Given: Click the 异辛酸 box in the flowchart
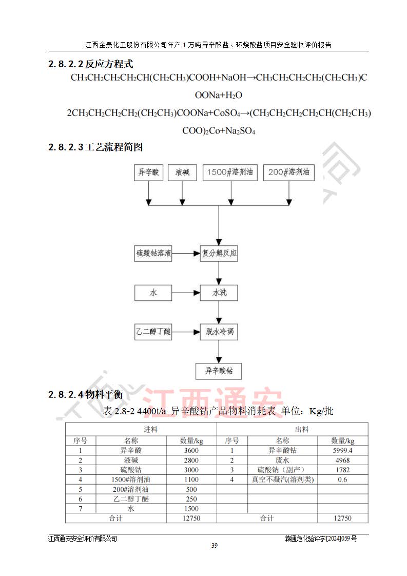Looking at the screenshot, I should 148,173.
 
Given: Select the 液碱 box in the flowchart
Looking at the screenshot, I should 182,173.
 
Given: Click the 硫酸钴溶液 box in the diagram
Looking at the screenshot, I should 153,253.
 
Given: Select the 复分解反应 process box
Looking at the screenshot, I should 219,253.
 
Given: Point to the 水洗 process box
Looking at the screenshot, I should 219,293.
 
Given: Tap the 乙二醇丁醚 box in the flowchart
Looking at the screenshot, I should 153,332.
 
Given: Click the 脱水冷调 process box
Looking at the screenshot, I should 219,332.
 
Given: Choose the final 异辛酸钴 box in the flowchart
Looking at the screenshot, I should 219,371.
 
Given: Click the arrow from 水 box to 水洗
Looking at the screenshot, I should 186,293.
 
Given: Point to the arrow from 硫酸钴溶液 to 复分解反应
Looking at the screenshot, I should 186,253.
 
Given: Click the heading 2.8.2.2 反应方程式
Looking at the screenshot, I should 91,65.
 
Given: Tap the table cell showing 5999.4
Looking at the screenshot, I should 342,450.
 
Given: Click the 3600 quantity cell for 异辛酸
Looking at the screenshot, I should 191,450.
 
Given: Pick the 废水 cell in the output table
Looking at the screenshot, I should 283,460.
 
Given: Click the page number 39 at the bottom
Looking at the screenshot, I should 214,545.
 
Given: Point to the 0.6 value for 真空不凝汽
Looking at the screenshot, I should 342,479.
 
